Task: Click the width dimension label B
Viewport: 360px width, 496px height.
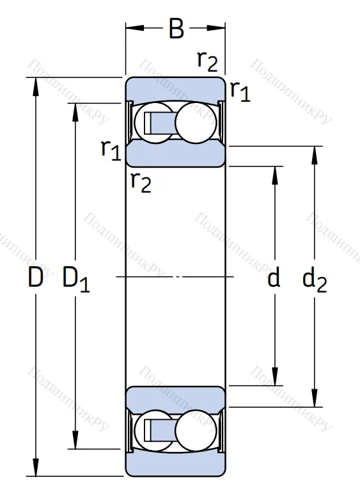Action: pos(176,29)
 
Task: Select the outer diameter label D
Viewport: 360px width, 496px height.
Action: pos(36,278)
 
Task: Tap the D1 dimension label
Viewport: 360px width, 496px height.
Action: pos(75,279)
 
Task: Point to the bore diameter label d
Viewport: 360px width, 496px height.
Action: pos(274,278)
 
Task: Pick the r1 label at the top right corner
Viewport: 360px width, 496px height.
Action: pos(240,92)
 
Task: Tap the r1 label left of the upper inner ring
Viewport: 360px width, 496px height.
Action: pos(111,149)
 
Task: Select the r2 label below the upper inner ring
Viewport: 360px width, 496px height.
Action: pos(141,182)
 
